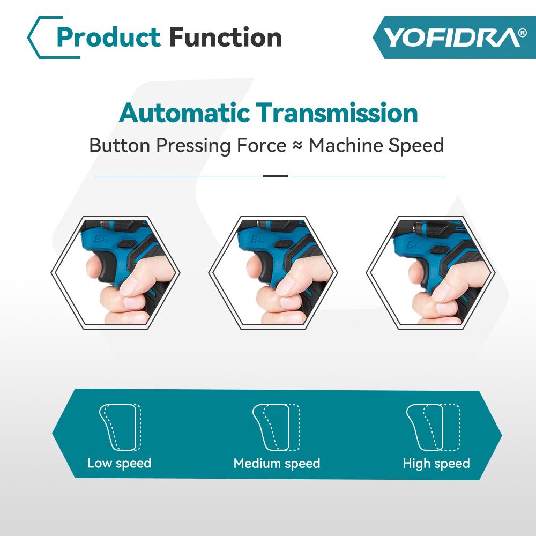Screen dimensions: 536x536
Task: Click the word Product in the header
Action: [108, 38]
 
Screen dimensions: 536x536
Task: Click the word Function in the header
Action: [225, 38]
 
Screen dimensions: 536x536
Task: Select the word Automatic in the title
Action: [184, 113]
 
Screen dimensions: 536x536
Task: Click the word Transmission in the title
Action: [337, 113]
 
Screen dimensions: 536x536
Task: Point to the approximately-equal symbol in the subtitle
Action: [297, 146]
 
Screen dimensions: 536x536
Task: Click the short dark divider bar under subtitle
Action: [275, 176]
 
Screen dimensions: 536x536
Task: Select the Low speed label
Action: [119, 463]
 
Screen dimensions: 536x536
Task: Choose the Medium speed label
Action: [277, 463]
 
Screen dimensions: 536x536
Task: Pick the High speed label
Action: [436, 463]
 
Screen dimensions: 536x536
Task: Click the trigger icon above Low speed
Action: [120, 427]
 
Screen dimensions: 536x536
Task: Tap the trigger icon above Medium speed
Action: [276, 427]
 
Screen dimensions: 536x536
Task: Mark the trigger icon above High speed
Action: [433, 427]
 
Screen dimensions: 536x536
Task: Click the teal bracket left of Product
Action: [38, 38]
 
